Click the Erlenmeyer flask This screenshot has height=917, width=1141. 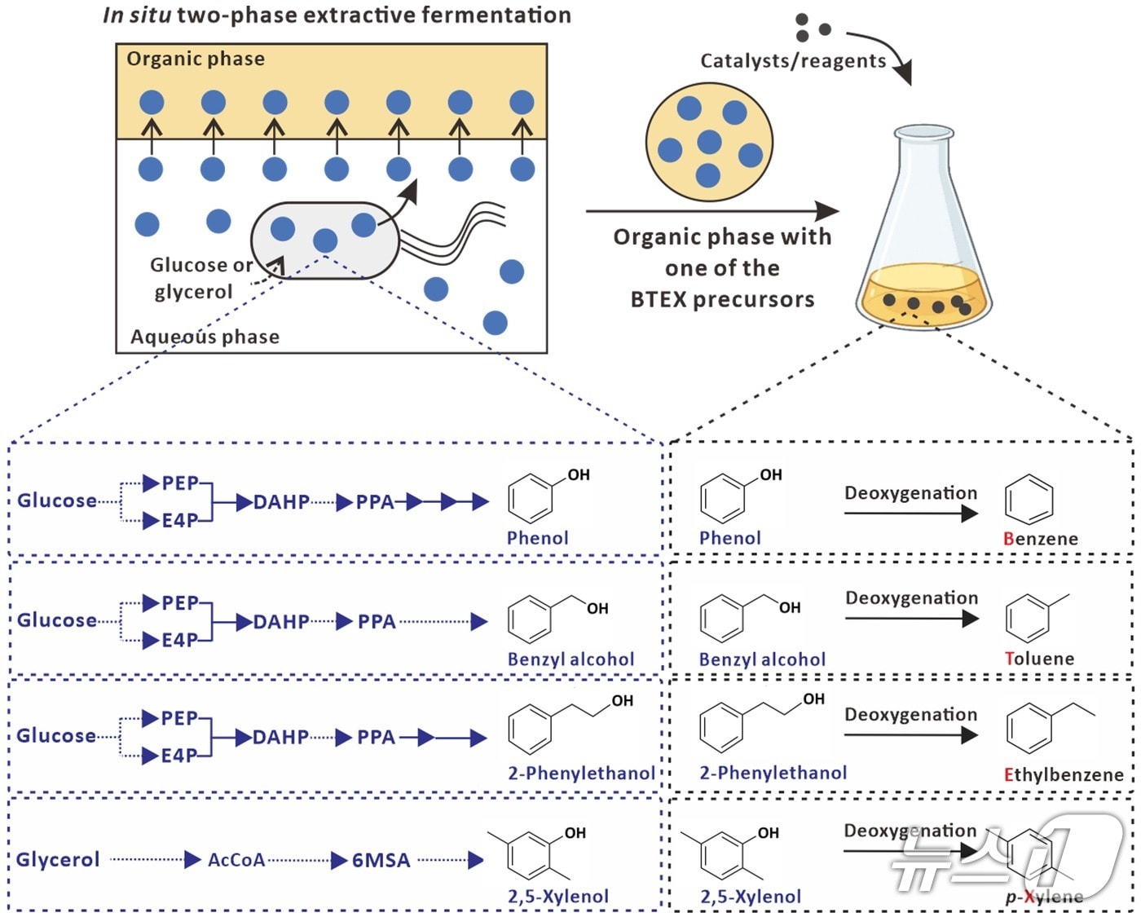[x=923, y=236]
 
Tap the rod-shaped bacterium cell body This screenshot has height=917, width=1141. [x=324, y=240]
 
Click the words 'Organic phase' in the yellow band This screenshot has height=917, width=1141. [x=196, y=59]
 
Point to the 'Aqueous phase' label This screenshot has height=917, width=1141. [x=205, y=337]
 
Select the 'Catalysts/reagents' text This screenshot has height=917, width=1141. [x=793, y=61]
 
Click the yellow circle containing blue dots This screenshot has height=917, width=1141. [x=709, y=143]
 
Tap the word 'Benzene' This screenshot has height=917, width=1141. [x=1040, y=539]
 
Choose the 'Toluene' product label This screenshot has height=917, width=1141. [x=1039, y=659]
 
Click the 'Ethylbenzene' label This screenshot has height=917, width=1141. [x=1064, y=774]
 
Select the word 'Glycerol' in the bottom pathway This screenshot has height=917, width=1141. [x=58, y=860]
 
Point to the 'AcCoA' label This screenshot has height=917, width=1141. [x=236, y=860]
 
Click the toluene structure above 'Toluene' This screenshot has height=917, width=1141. [x=1031, y=616]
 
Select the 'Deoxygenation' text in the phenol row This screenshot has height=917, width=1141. [x=910, y=493]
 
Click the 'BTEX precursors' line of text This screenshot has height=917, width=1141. [x=722, y=300]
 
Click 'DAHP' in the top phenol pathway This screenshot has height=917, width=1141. [x=281, y=502]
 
